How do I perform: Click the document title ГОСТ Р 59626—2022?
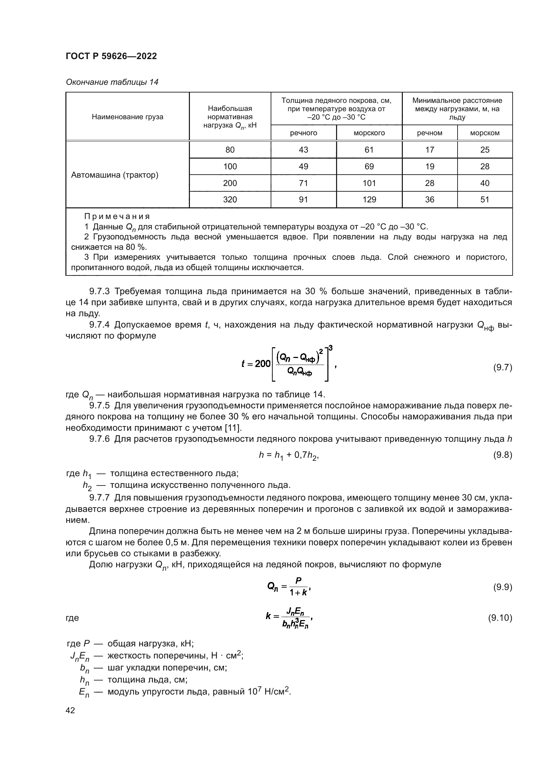(111, 56)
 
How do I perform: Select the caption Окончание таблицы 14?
(112, 82)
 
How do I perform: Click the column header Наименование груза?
(127, 117)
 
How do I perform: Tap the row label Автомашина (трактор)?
(114, 175)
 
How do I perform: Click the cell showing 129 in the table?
(369, 200)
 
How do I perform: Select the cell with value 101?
(369, 183)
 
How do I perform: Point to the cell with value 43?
(303, 150)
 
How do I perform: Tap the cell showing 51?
(485, 200)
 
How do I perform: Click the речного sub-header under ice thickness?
(303, 133)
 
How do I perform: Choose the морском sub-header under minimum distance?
(485, 133)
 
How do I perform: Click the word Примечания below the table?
(117, 217)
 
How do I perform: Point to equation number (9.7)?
(502, 368)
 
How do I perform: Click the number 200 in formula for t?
(262, 364)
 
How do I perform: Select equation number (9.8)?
(502, 455)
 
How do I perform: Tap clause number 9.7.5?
(99, 406)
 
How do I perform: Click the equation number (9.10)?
(500, 618)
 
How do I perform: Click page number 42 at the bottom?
(70, 711)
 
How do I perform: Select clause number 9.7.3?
(99, 291)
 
